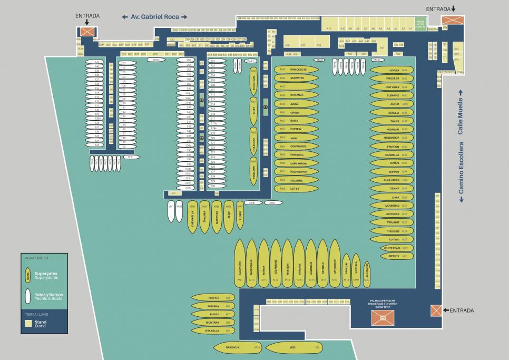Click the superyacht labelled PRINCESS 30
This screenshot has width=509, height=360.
(x=298, y=70)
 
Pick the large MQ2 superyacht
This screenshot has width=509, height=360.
(x=293, y=348)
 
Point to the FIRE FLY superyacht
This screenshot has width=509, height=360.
(x=213, y=298)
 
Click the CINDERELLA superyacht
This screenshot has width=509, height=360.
(x=192, y=218)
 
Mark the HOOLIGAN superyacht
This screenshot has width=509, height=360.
(x=253, y=81)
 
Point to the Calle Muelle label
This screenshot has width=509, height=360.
(x=460, y=116)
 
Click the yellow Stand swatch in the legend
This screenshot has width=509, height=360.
(x=28, y=323)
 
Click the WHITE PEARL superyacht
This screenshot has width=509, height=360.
(x=393, y=248)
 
